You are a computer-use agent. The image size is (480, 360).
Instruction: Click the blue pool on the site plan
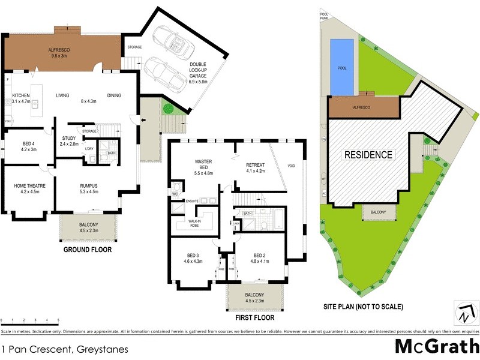click(x=342, y=67)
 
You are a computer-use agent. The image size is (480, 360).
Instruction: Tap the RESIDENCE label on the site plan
click(x=368, y=155)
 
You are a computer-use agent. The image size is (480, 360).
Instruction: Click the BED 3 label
click(x=192, y=257)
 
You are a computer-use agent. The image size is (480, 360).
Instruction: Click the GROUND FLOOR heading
click(x=87, y=250)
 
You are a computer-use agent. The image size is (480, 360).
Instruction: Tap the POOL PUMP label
click(x=325, y=16)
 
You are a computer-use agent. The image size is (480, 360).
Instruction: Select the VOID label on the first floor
click(x=292, y=166)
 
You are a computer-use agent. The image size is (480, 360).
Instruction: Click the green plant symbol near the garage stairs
click(x=167, y=109)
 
